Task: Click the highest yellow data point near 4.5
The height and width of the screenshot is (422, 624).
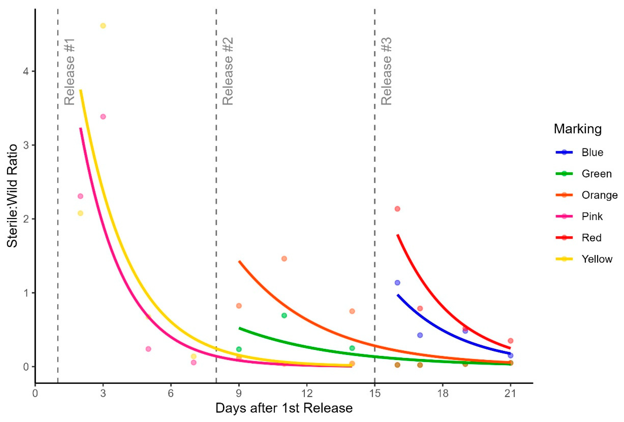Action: click(x=103, y=26)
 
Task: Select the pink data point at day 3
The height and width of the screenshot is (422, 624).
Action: click(x=103, y=117)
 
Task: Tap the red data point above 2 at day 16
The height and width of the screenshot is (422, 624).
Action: click(x=397, y=209)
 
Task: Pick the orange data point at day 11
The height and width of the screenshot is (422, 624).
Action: click(x=284, y=259)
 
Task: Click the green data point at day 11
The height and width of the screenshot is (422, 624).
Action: click(x=284, y=316)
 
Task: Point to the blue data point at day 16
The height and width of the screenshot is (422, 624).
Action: click(x=397, y=283)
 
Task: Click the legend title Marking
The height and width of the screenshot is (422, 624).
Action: click(x=578, y=129)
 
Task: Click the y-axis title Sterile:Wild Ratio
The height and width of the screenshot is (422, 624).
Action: click(x=12, y=196)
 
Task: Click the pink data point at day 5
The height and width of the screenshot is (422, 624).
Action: click(x=148, y=349)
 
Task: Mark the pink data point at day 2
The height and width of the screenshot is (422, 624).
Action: click(x=80, y=196)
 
